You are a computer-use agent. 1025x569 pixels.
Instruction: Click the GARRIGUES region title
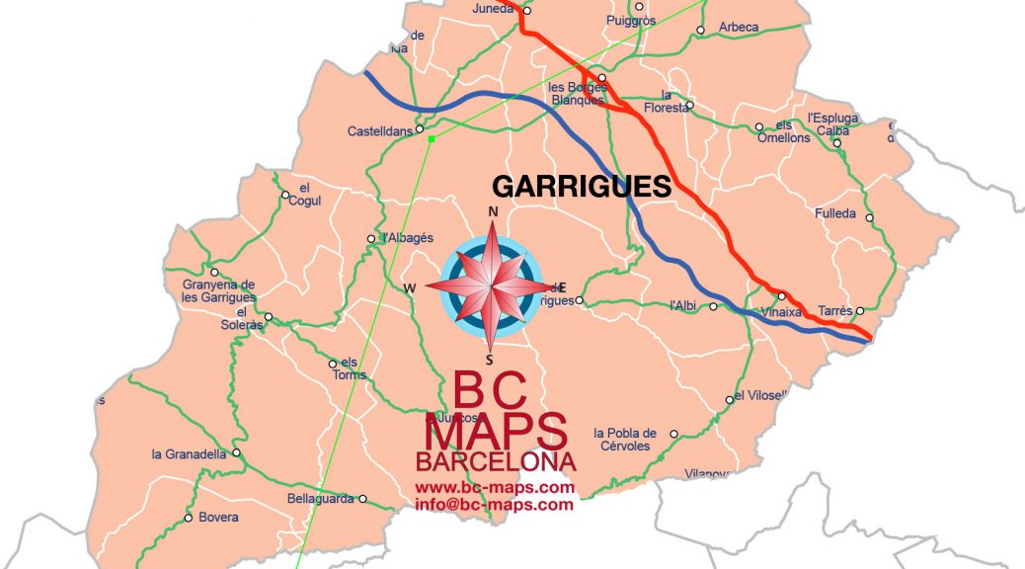tap(581, 187)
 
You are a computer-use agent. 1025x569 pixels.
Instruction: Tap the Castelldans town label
tap(380, 131)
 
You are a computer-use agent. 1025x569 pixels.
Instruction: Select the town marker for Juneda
tap(527, 11)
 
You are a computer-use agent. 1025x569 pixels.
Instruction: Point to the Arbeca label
tap(739, 27)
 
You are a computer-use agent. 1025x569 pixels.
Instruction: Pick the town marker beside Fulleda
tap(869, 218)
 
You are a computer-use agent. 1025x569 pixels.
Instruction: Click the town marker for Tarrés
tap(859, 310)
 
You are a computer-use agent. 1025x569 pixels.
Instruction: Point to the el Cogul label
tap(304, 195)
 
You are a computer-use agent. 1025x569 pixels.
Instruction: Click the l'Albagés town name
tap(408, 238)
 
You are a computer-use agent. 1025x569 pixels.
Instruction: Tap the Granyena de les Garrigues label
tap(218, 290)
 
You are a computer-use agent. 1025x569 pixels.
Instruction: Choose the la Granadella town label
tap(189, 454)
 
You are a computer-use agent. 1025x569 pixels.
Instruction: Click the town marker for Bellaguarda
tap(362, 499)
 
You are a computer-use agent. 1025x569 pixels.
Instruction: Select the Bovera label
tap(218, 518)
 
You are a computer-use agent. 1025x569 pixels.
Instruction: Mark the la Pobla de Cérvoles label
tap(625, 440)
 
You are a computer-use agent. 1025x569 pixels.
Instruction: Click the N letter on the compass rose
tap(493, 212)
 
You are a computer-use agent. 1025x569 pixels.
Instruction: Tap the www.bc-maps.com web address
tap(494, 488)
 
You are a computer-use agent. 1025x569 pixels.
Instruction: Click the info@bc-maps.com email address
tap(494, 505)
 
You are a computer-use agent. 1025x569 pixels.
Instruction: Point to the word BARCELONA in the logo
tap(496, 462)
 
